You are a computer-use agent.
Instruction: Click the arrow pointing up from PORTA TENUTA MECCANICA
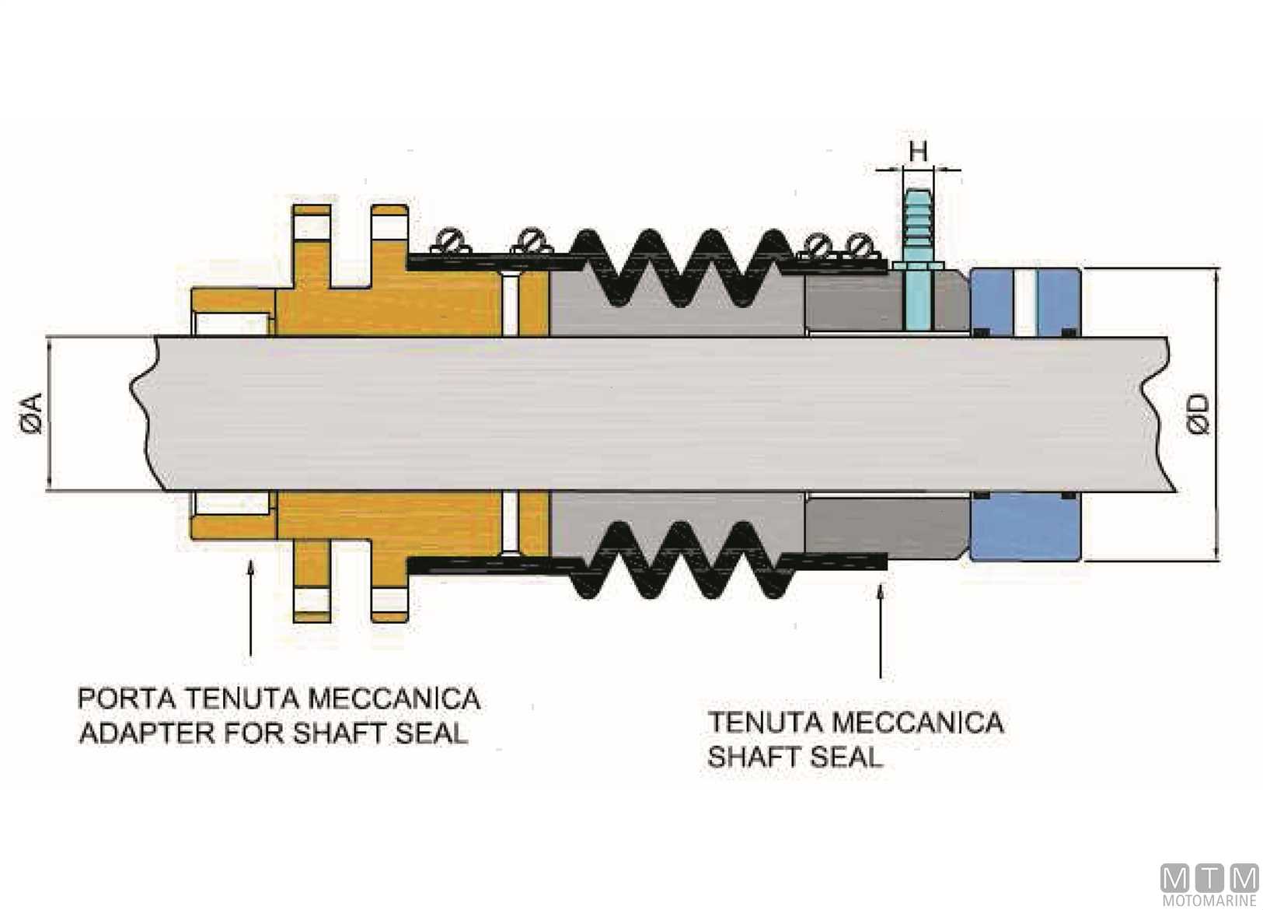tap(251, 607)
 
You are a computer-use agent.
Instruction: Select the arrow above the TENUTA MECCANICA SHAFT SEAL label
tap(881, 630)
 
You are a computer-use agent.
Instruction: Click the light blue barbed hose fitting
tap(919, 260)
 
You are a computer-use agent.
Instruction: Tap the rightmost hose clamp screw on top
tap(860, 245)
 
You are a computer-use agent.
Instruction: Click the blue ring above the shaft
tap(1024, 303)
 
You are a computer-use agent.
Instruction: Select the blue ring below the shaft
tap(1024, 527)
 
